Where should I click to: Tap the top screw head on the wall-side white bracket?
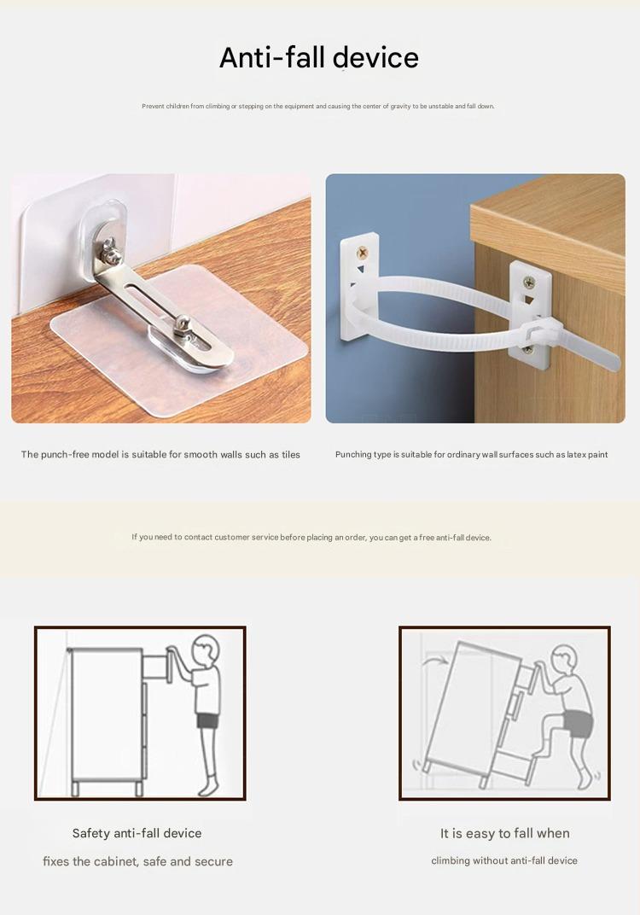click(363, 253)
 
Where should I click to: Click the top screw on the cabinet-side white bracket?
click(528, 283)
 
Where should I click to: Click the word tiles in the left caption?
click(290, 455)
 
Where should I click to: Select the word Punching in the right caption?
click(353, 455)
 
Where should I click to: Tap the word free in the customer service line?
click(427, 538)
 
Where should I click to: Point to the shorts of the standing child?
click(207, 720)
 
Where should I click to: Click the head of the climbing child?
click(564, 660)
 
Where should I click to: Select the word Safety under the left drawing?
click(91, 833)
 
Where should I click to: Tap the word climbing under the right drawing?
click(451, 860)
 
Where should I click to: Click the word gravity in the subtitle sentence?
click(401, 106)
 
